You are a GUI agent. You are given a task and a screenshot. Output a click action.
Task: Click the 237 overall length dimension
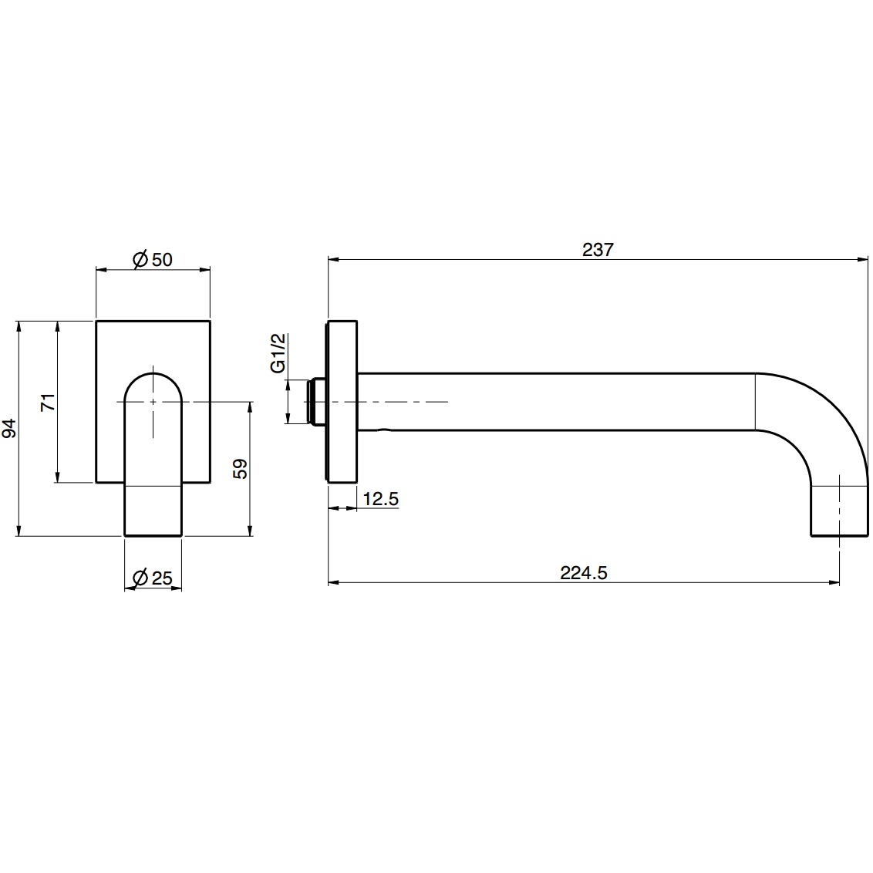(x=598, y=249)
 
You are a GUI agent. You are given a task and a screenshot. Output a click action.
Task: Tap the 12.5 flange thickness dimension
(x=380, y=499)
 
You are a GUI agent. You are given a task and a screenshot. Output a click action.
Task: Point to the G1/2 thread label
(x=278, y=353)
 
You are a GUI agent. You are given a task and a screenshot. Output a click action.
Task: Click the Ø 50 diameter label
(x=153, y=259)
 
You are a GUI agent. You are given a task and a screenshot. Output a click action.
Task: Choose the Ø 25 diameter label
(x=153, y=578)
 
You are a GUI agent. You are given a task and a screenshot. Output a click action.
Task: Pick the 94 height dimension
(x=8, y=429)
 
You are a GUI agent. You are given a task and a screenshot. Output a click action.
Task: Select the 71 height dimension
(x=48, y=402)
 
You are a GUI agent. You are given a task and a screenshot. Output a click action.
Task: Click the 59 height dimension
(x=240, y=469)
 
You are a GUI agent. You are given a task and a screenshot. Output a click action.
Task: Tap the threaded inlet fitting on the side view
(x=315, y=401)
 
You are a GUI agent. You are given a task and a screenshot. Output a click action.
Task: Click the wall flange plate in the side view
(x=342, y=401)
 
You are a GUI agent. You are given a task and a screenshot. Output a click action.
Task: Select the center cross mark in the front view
(x=153, y=402)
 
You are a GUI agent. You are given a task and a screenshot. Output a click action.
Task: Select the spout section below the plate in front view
(x=153, y=510)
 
